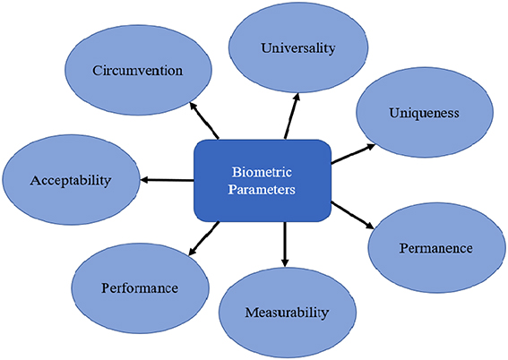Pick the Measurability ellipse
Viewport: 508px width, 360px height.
pyautogui.click(x=287, y=313)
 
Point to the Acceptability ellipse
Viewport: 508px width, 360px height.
pyautogui.click(x=70, y=179)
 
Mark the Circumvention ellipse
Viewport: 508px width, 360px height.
pyautogui.click(x=139, y=70)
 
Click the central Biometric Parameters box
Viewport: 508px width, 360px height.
pyautogui.click(x=263, y=179)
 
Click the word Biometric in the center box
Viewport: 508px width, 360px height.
pyautogui.click(x=263, y=171)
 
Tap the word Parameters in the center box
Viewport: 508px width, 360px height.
pyautogui.click(x=263, y=189)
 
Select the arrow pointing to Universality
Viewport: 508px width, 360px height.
pyautogui.click(x=291, y=113)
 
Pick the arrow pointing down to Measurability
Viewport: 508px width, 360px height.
pyautogui.click(x=285, y=244)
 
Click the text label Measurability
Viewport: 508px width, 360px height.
pyautogui.click(x=287, y=313)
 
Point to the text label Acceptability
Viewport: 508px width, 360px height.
pyautogui.click(x=70, y=180)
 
